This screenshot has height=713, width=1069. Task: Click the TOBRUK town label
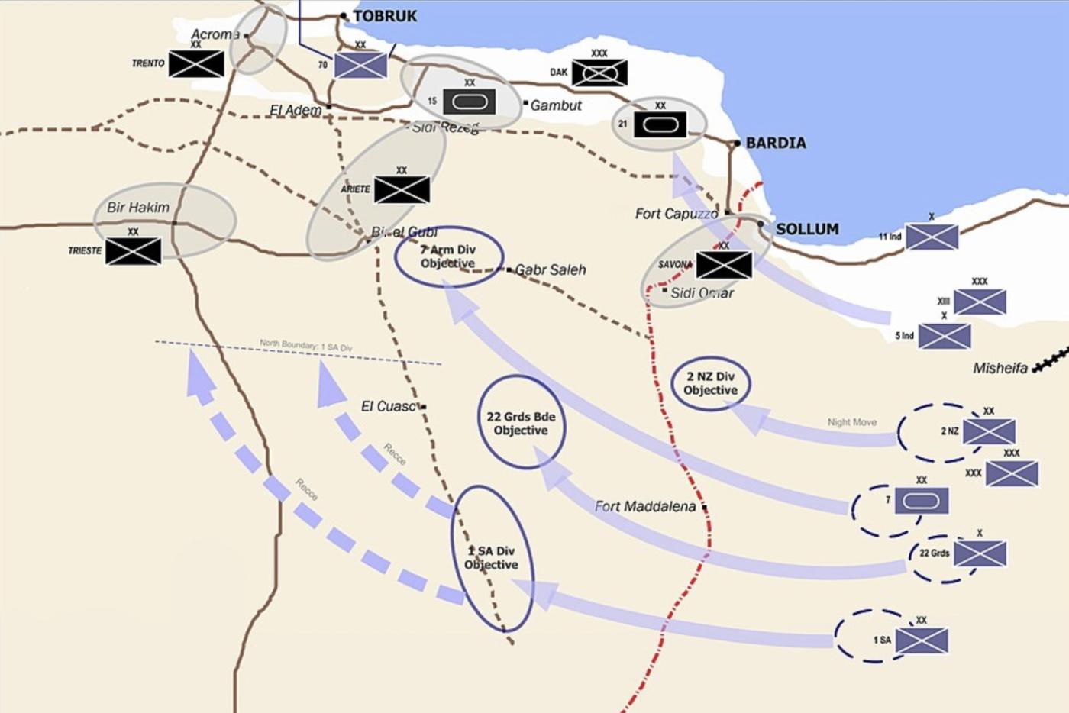point(385,16)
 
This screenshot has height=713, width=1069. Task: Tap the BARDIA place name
point(775,143)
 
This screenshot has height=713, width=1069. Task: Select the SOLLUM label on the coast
point(807,229)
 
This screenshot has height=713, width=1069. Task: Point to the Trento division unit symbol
point(196,64)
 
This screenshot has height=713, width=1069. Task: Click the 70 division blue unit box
point(360,65)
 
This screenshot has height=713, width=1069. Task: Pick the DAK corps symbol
point(599,73)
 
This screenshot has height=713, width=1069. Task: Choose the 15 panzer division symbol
point(469,102)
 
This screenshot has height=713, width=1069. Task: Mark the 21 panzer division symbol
point(660,124)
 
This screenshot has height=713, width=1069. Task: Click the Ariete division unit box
point(402,190)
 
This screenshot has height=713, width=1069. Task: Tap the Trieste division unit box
point(133,251)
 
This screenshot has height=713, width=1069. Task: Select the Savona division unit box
point(724,265)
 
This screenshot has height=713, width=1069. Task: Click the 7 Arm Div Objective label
point(448,256)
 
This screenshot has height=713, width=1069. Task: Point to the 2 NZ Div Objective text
point(710,383)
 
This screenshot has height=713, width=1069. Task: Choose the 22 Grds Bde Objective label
point(521,424)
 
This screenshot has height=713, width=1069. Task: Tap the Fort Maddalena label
point(645,506)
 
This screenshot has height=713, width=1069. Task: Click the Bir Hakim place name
point(138,207)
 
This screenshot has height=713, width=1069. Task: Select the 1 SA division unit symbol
point(922,641)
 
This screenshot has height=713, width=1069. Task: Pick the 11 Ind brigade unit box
point(932,237)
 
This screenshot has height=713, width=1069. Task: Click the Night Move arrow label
point(851,422)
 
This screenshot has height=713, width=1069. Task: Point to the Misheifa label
point(1000,368)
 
